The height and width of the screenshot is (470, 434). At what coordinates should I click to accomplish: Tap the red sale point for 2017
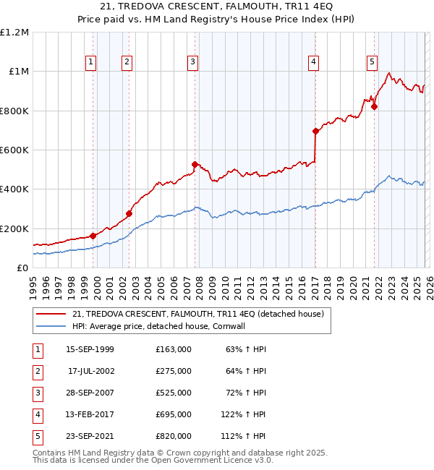pos(315,132)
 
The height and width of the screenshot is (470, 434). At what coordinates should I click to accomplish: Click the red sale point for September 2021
pos(375,107)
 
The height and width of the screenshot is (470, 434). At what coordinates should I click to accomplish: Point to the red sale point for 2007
pos(195,164)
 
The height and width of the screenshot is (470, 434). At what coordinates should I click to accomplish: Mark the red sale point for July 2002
pos(129,213)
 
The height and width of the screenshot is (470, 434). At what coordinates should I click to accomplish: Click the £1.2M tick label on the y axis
pos(14,33)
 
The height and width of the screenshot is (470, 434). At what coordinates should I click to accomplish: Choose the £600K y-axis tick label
pos(14,150)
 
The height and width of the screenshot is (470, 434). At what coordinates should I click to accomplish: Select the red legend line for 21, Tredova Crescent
pos(51,314)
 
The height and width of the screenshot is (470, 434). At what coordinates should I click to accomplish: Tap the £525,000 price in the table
pos(174,393)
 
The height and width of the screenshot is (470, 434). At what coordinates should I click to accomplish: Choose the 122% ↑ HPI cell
pos(246,414)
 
